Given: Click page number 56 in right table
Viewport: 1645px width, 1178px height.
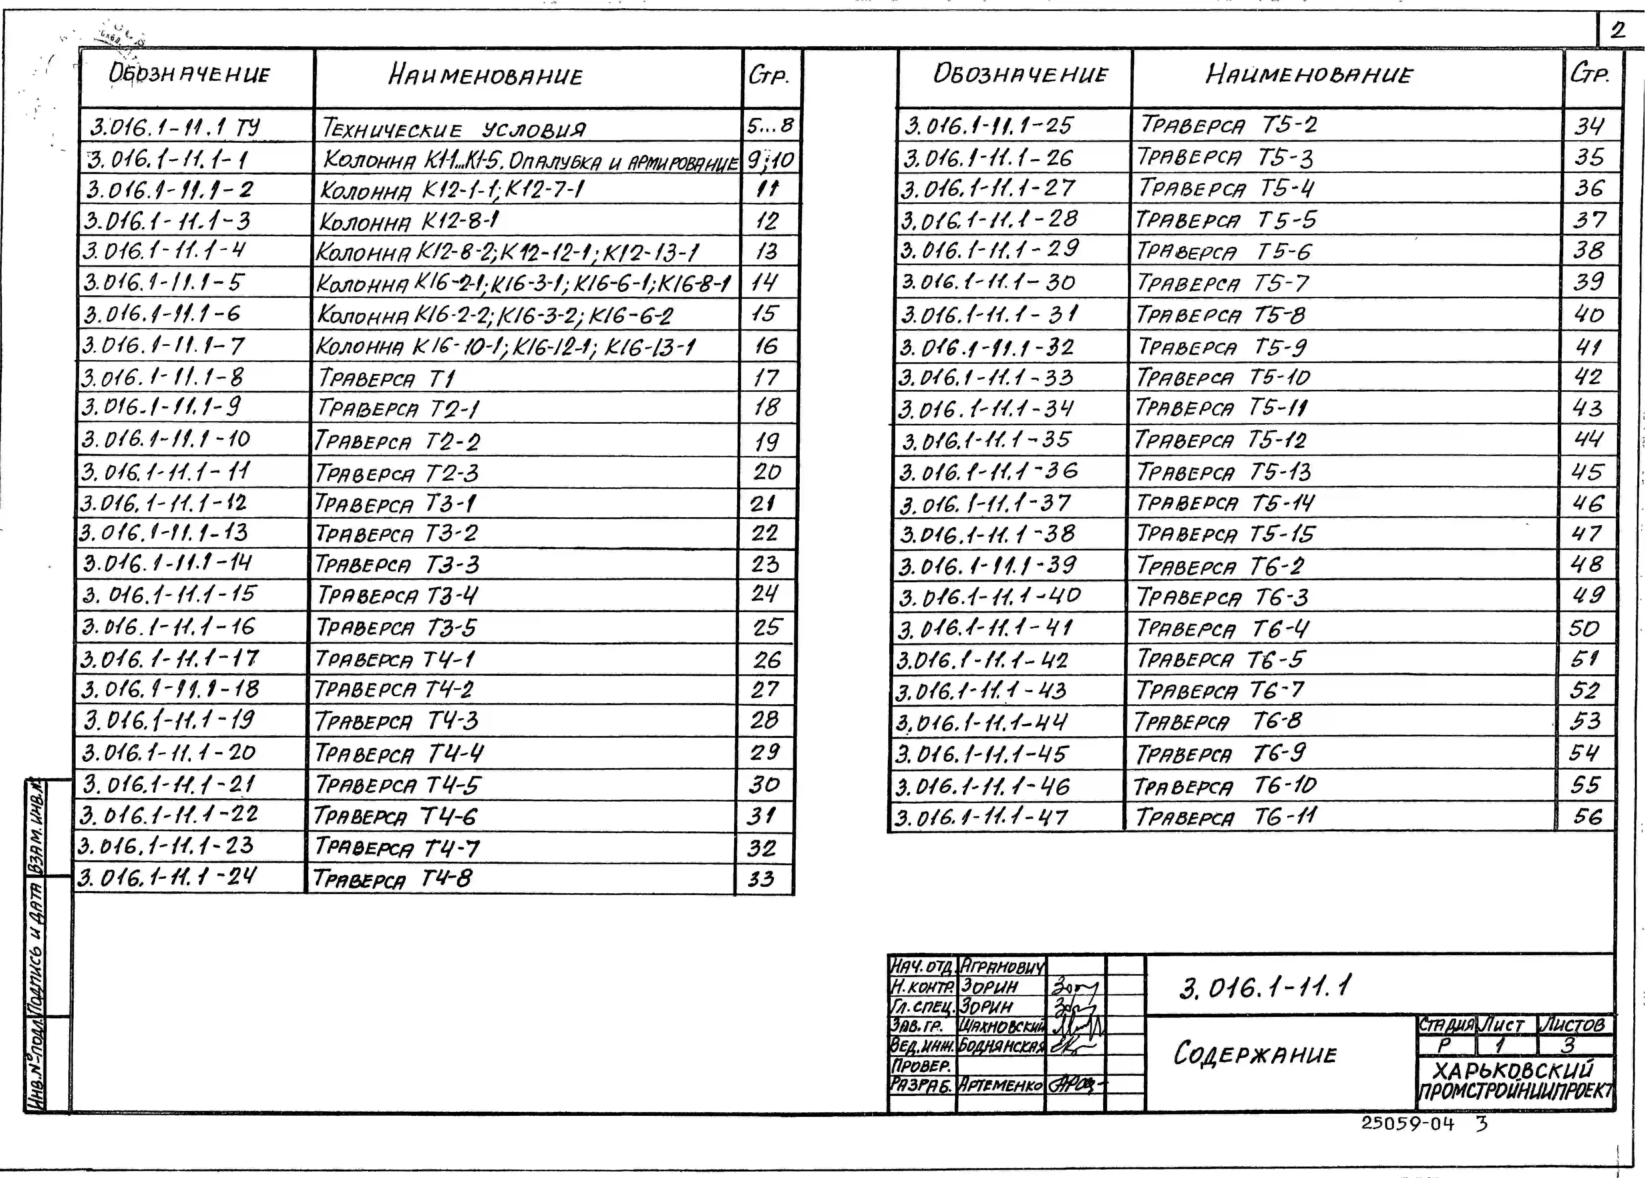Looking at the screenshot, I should click(x=1587, y=817).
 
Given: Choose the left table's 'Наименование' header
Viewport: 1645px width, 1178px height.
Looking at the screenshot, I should click(x=486, y=75).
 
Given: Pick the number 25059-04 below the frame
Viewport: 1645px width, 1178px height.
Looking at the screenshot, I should click(x=1407, y=1124).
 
